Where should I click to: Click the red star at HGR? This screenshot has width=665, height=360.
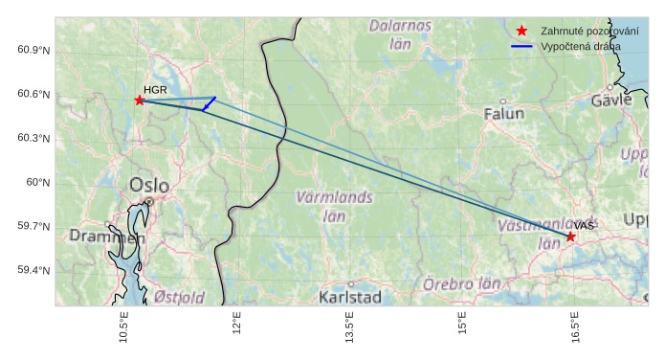coord(140,100)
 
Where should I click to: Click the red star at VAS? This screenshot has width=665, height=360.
coord(571,236)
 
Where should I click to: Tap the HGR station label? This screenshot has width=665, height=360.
coord(155,89)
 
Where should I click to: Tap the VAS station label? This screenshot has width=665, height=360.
coord(585,225)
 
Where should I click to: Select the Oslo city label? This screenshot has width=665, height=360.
coord(148,185)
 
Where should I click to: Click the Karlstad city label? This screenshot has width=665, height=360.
coord(350,297)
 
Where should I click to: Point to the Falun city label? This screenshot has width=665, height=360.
coord(504,113)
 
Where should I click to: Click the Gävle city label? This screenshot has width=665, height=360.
coord(612,100)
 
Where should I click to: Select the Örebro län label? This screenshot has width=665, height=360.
coord(462,284)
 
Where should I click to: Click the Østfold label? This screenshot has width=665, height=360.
coord(179,297)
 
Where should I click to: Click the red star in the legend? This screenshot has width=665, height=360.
coord(521,32)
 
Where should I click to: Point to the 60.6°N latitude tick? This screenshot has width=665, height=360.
coord(33,94)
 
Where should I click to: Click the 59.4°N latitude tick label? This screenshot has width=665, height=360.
coord(33,270)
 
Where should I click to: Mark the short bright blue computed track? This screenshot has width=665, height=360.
coord(210,103)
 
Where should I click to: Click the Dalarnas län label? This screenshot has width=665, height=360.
coord(401,34)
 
